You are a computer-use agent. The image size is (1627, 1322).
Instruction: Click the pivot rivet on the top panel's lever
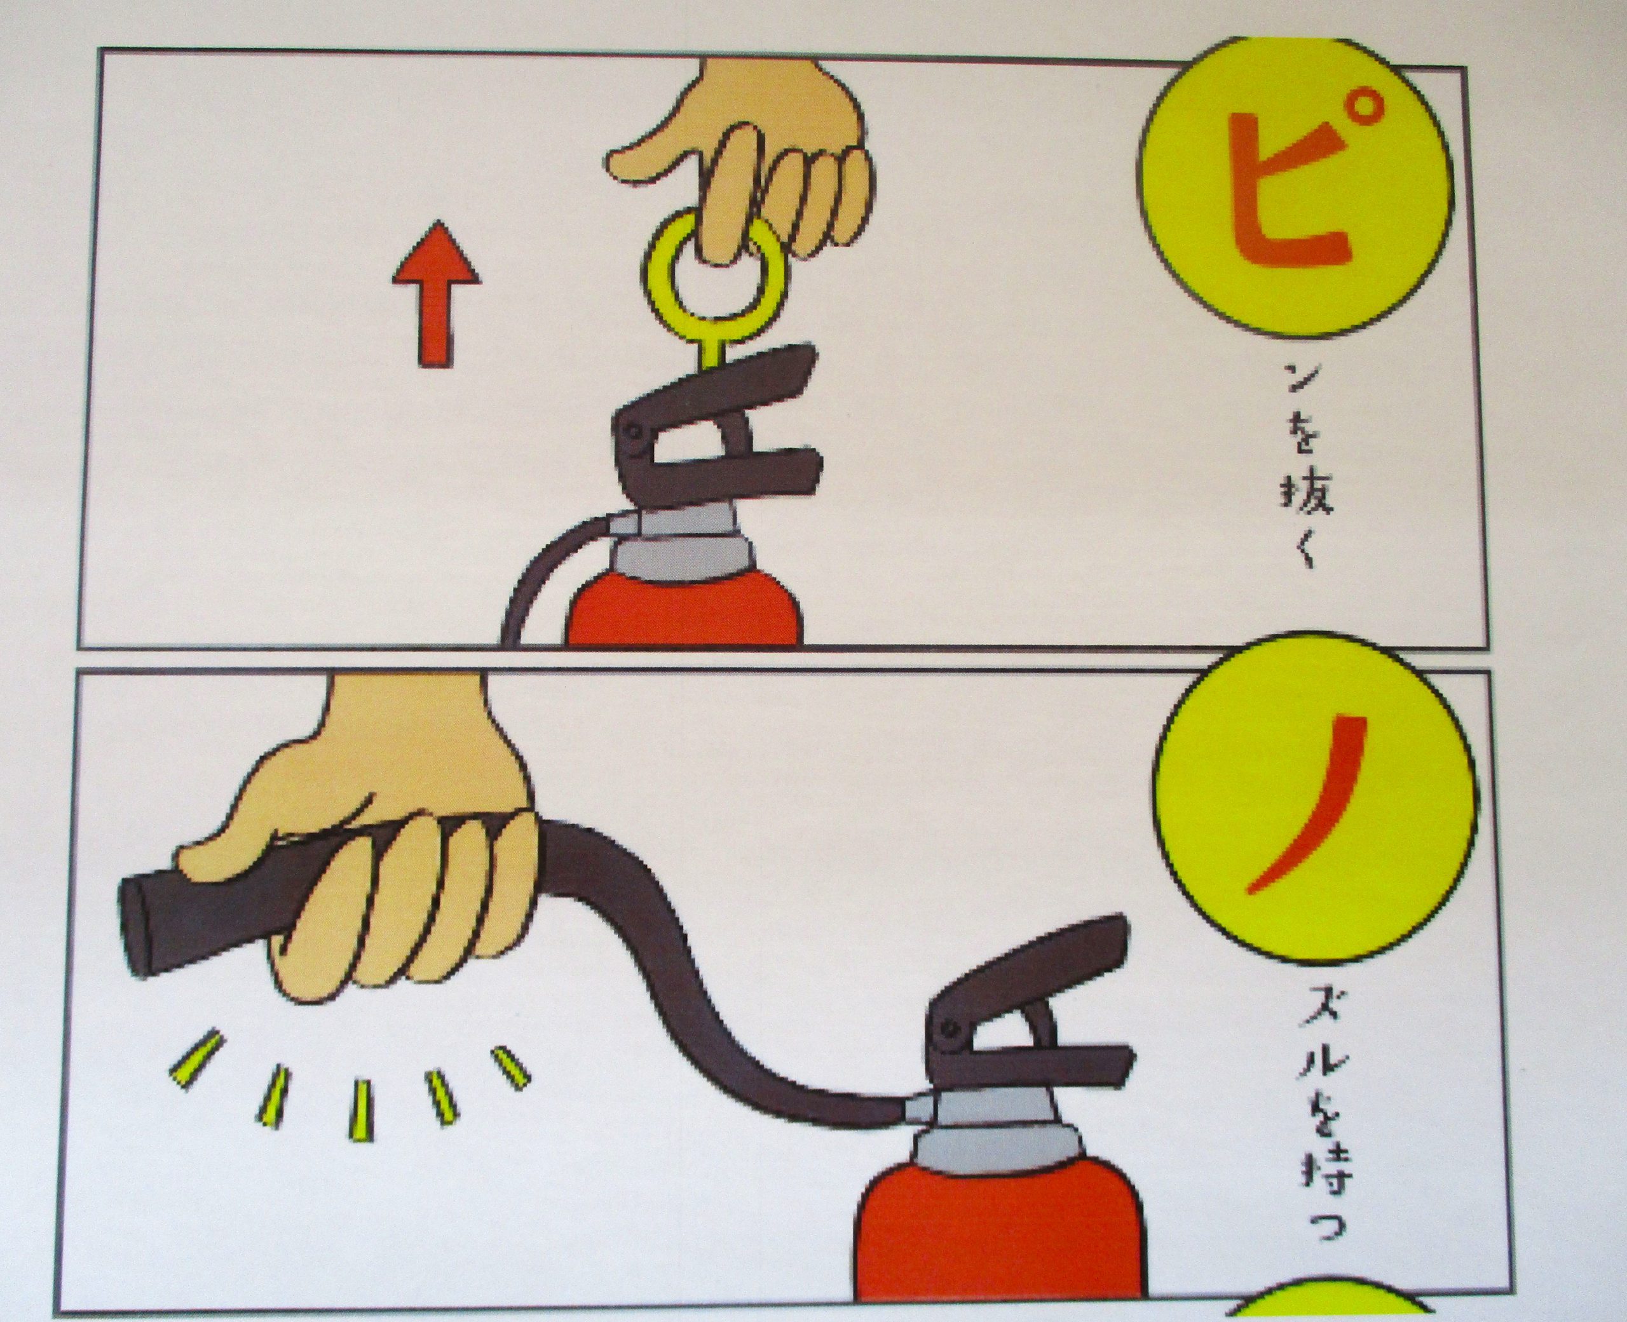click(x=633, y=432)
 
